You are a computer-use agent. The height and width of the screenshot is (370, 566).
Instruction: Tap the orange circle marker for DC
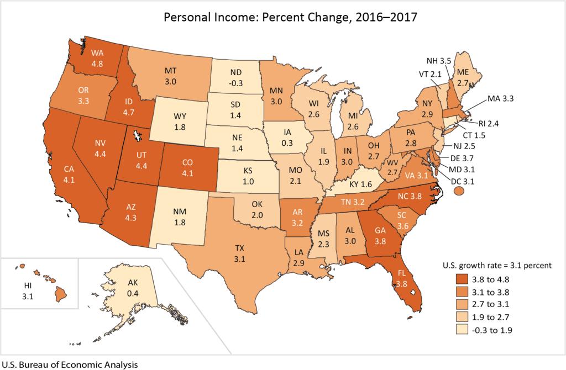[x=458, y=191]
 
